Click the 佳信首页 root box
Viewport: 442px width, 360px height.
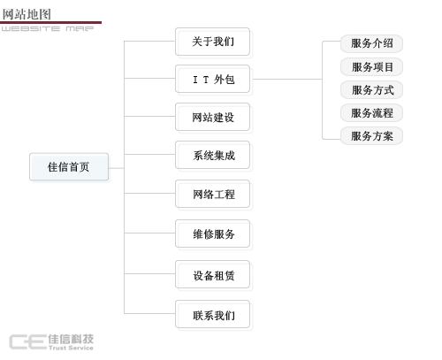pos(69,166)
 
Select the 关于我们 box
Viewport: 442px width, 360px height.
pos(212,42)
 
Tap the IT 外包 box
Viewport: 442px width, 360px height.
pos(212,79)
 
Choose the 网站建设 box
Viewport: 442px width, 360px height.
pos(212,117)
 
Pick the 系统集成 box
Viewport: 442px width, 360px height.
pos(212,155)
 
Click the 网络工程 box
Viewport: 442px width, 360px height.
pos(212,194)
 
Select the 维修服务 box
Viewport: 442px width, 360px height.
pos(212,234)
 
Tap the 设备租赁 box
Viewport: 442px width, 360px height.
pos(212,274)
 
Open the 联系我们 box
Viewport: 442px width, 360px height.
pos(212,314)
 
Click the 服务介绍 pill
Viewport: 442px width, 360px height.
pos(371,43)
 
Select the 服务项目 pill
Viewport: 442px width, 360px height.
pos(371,67)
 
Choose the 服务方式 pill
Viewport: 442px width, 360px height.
pos(371,90)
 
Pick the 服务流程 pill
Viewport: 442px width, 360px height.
pos(371,113)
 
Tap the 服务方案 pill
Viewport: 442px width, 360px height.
pos(371,136)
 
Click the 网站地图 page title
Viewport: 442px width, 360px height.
pos(27,14)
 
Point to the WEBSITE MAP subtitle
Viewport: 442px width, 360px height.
pos(48,28)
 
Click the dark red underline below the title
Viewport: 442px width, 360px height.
pos(50,22)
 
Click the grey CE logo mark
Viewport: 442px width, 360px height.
pos(28,342)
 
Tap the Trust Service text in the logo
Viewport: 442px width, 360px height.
pos(71,348)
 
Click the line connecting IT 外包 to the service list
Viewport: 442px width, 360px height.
pos(287,79)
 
